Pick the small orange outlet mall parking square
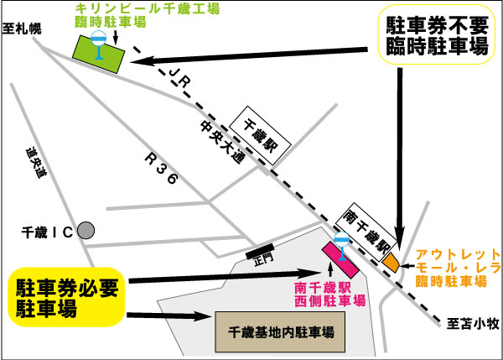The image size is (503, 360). point(391,261)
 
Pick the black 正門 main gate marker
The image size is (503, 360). point(258,250)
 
